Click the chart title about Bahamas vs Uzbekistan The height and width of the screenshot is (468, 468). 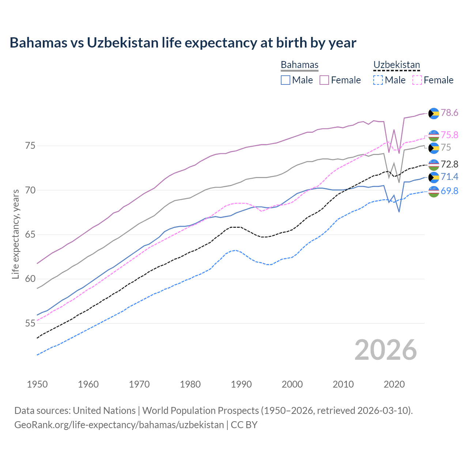pos(183,43)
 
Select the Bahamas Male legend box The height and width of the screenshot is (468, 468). pos(286,80)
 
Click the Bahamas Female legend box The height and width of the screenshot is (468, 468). pos(324,80)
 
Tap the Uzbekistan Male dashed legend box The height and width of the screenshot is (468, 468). pos(378,80)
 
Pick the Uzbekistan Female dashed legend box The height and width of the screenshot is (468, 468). pos(417,80)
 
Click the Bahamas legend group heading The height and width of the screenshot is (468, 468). pos(299,65)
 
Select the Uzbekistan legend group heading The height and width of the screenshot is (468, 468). pos(396,65)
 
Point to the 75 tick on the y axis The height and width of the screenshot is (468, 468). pos(30,146)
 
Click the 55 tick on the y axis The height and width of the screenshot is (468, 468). pos(30,324)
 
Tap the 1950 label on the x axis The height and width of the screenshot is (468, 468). pos(37,384)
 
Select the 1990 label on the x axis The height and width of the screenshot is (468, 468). pos(241,384)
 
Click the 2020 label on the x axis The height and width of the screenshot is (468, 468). pos(394,384)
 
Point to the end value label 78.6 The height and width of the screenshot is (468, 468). pos(449,113)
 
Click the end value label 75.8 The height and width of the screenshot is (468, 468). pos(449,135)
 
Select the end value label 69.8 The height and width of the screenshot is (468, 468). pos(449,191)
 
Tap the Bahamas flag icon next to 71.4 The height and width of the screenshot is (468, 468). pos(434,177)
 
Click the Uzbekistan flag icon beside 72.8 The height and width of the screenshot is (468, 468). pos(434,164)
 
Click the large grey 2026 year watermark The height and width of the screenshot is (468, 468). pos(386,350)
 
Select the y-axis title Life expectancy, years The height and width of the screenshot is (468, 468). pos(15,234)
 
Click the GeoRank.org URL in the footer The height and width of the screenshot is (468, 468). pos(119,425)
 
